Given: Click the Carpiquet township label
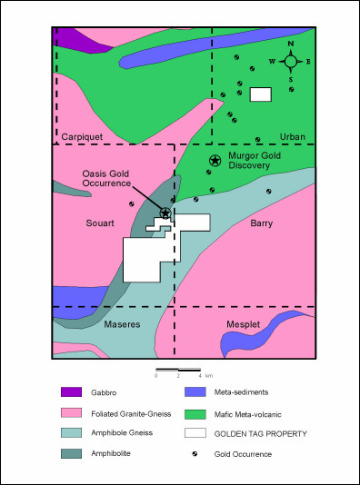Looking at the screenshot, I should [81, 136].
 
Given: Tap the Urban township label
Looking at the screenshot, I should [293, 136].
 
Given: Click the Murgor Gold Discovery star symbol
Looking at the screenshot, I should [215, 161].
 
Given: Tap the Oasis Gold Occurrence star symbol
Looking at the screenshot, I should [165, 213].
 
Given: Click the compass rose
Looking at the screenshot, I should [290, 62].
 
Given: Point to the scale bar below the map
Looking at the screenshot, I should [178, 370].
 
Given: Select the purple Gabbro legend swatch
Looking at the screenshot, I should [72, 392].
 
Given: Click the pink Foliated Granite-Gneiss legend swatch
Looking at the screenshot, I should [72, 412].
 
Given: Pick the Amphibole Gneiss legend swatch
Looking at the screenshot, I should [72, 433].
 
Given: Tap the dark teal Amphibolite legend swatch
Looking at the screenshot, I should [72, 453].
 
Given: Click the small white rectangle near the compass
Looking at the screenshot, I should [261, 94].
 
